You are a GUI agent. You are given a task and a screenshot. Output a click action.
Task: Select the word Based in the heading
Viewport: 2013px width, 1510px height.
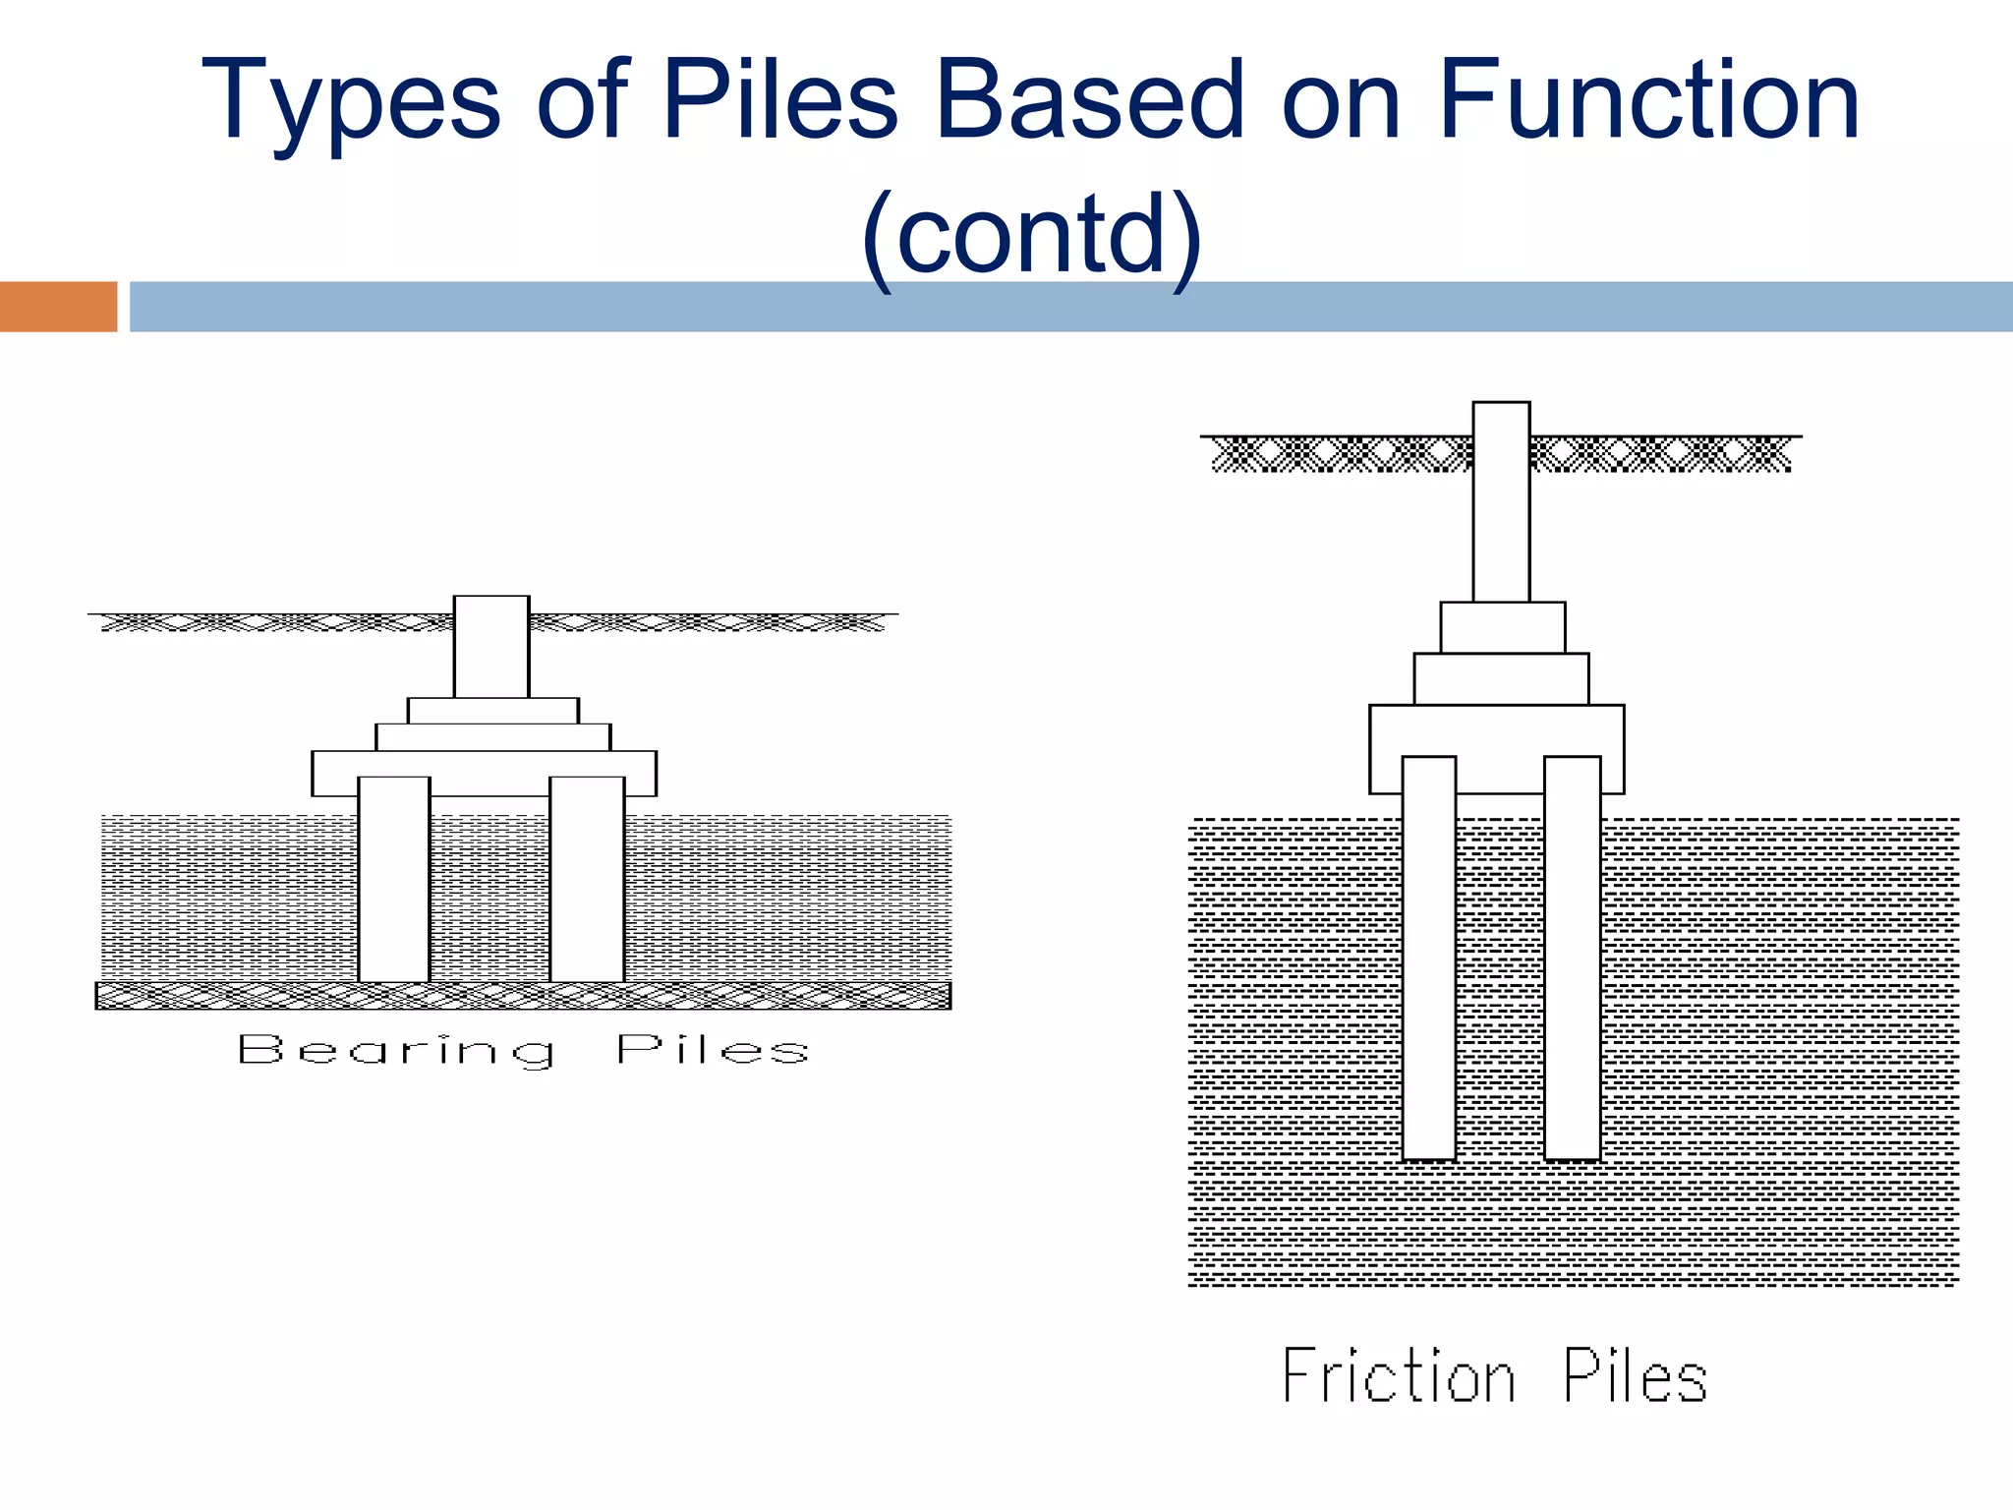pos(1090,100)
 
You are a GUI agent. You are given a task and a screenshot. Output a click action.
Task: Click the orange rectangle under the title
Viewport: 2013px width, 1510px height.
pos(58,307)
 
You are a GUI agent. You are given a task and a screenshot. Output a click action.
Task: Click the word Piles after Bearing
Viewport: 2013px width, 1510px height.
pos(713,1050)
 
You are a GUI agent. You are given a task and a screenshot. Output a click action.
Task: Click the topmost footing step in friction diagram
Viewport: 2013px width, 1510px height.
pos(1503,627)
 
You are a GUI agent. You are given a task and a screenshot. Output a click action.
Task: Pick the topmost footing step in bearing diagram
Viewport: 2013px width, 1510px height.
pos(493,711)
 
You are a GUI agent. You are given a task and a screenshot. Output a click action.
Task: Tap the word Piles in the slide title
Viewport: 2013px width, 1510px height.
pos(779,100)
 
